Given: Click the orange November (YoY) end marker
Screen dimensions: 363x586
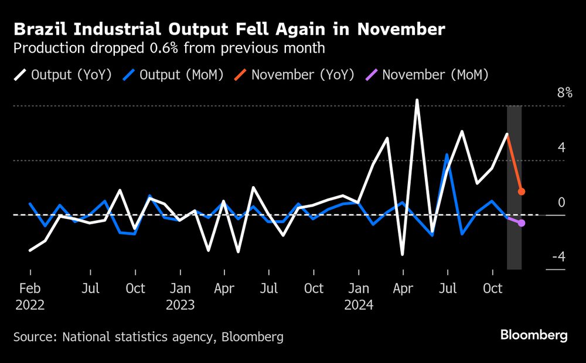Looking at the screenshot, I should (x=521, y=191).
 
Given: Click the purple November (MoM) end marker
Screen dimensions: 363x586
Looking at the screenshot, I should (x=522, y=223).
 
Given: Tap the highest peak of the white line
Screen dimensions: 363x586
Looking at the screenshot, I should (x=417, y=100).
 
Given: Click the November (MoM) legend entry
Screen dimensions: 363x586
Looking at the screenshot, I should (x=427, y=75).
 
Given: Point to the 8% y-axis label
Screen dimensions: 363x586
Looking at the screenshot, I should (x=564, y=93).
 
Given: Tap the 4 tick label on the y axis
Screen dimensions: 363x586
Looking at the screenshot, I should (x=561, y=148).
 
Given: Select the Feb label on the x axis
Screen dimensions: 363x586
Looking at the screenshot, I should (x=30, y=289).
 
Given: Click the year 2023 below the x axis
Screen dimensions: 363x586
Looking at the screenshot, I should (x=180, y=305).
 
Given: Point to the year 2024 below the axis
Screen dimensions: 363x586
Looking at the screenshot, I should (x=359, y=305).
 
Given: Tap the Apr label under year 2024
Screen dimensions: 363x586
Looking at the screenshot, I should (x=403, y=289).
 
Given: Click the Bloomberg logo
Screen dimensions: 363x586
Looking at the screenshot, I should (x=533, y=335).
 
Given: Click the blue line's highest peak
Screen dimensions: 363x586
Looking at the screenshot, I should (x=447, y=155).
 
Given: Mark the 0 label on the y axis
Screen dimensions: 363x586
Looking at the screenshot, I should (x=561, y=203).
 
